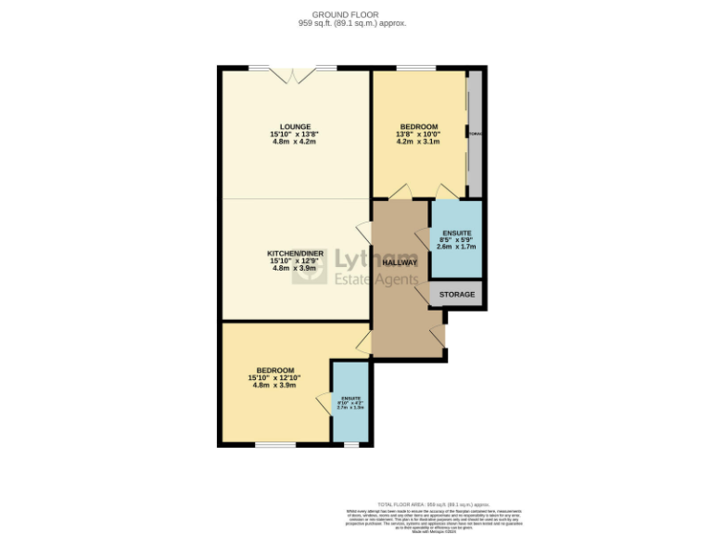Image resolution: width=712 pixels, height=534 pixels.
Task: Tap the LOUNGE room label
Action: pyautogui.click(x=296, y=127)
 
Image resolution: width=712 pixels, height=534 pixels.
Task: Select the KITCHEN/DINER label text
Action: pyautogui.click(x=296, y=252)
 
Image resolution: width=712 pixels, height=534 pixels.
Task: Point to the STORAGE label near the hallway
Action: pyautogui.click(x=457, y=295)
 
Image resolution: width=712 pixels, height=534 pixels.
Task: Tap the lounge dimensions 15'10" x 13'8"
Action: pyautogui.click(x=296, y=134)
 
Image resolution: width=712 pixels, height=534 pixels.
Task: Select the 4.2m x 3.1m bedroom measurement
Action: pyautogui.click(x=419, y=142)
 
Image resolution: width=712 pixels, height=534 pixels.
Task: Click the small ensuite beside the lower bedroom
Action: pyautogui.click(x=351, y=404)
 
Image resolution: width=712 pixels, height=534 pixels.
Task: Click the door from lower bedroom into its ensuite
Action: pyautogui.click(x=325, y=404)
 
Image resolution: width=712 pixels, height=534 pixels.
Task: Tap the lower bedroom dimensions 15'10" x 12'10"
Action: pyautogui.click(x=275, y=378)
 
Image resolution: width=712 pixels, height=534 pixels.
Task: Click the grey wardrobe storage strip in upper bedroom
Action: pyautogui.click(x=474, y=134)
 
